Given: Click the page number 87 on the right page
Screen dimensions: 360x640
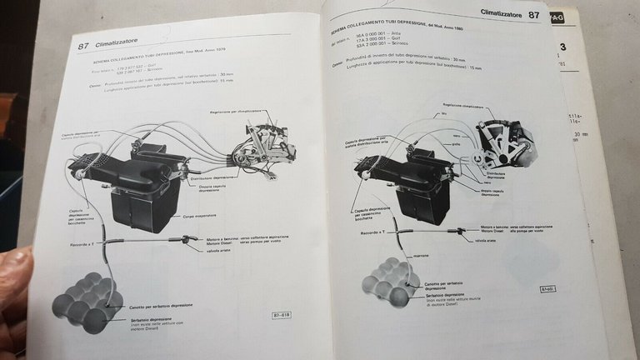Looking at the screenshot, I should click(533, 14).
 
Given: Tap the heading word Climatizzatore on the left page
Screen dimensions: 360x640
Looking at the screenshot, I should click(121, 47).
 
